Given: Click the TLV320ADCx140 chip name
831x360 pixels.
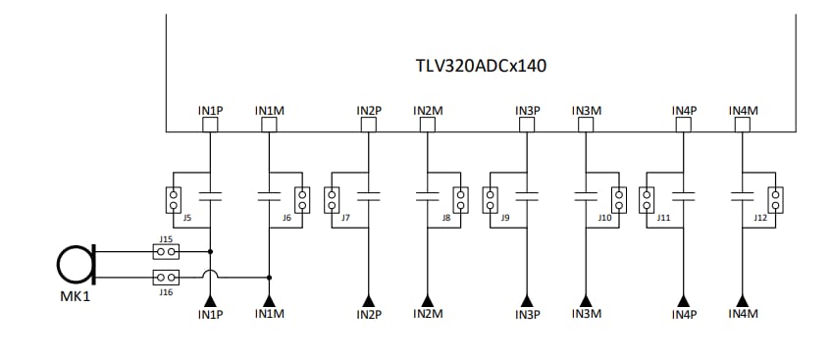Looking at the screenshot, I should point(481,67).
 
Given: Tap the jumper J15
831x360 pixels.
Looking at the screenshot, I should point(167,251).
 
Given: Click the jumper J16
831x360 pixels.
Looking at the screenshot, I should point(167,277).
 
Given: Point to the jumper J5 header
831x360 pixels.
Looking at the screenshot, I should point(174,200).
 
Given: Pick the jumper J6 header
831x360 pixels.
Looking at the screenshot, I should point(302,200).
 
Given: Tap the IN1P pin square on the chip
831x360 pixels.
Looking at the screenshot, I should point(210,126).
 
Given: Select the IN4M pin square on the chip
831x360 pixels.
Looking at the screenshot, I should point(743,126).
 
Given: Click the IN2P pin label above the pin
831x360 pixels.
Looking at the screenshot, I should point(369,111).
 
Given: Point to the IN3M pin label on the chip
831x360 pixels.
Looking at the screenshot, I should point(586,111).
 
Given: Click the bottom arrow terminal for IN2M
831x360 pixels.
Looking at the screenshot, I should point(428,299).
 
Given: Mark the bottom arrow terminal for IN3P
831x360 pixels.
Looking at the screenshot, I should point(527,299).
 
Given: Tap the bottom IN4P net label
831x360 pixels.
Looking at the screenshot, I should point(684,315).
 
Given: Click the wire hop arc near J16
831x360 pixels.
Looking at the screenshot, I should point(210,275).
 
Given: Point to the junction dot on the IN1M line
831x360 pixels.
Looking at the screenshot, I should point(268,277).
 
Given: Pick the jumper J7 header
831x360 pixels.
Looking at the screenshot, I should point(334,200).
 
